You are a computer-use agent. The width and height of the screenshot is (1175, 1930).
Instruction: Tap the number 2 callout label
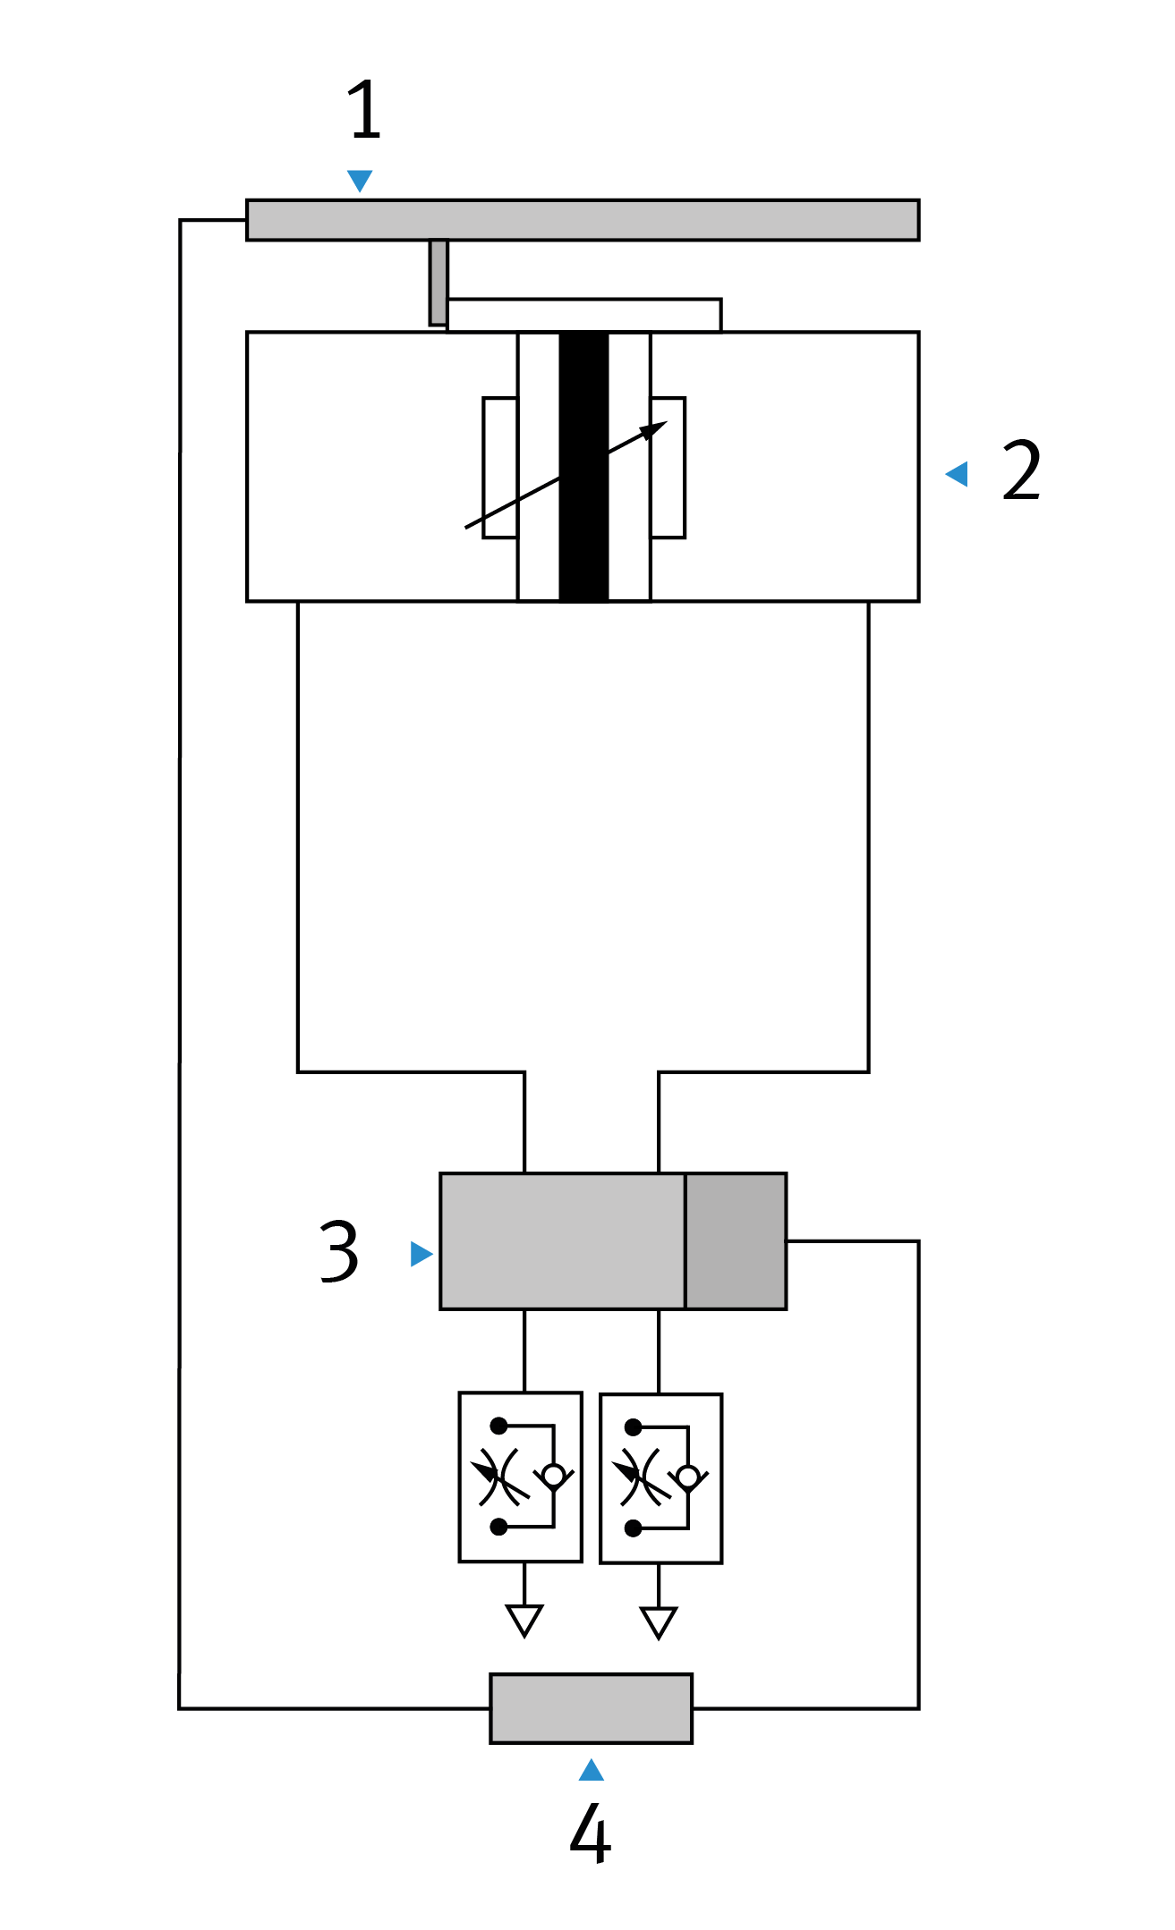(1021, 470)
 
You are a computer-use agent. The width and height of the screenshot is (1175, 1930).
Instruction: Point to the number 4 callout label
(590, 1833)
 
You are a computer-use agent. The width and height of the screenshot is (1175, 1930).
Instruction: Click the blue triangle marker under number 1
(360, 180)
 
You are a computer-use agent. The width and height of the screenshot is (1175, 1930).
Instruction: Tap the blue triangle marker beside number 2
(958, 474)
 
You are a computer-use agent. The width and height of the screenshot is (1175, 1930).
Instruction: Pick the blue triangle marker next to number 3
(421, 1254)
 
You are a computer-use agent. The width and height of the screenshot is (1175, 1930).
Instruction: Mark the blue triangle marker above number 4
(592, 1770)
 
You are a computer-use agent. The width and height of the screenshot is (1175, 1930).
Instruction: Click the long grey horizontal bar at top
(583, 220)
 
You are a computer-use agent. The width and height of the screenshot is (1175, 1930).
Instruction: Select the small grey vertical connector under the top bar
(438, 282)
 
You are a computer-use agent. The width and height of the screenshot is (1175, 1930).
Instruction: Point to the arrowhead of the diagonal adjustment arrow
(656, 428)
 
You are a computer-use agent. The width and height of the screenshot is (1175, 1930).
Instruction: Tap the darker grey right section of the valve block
(736, 1241)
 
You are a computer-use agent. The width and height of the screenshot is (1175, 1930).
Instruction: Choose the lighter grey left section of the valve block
(563, 1241)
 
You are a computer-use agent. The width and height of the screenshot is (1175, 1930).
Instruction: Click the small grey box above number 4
(592, 1708)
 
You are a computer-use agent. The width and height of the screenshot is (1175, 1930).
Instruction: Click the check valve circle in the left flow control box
(554, 1475)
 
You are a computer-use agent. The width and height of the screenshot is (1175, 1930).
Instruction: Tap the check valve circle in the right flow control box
(688, 1476)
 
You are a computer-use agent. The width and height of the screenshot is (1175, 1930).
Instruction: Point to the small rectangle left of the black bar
(500, 468)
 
